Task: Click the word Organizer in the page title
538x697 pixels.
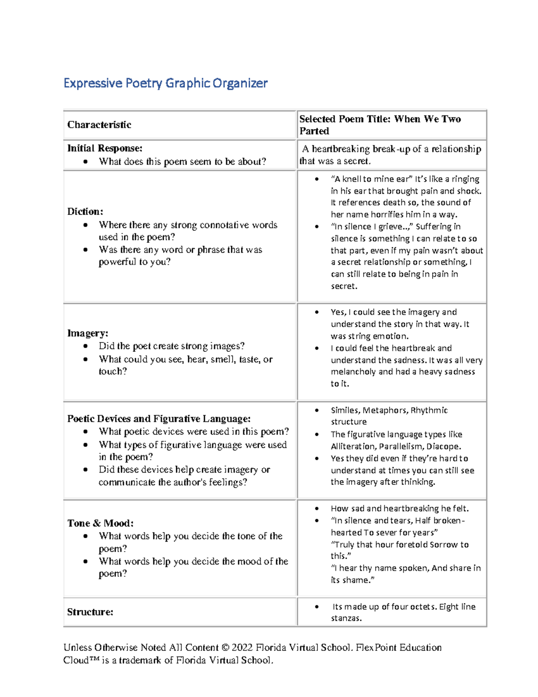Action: click(x=240, y=83)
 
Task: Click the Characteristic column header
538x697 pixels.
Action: click(x=99, y=125)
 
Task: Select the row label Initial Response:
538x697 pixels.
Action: click(x=104, y=148)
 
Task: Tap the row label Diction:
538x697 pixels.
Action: click(x=85, y=211)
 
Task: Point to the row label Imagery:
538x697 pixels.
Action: click(x=88, y=333)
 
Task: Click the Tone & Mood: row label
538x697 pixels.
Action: click(x=100, y=523)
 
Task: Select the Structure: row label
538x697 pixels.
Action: click(x=90, y=612)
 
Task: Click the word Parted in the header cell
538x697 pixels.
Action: click(x=314, y=131)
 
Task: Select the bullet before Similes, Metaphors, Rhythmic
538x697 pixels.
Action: click(x=317, y=410)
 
